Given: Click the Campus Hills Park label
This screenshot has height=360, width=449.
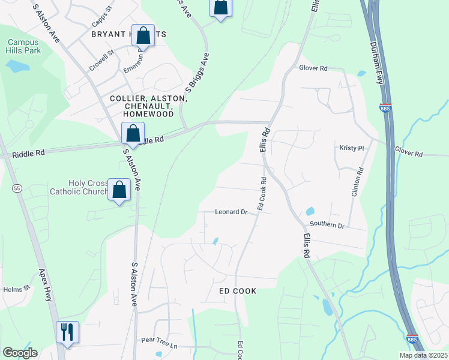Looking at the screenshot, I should click(x=23, y=47).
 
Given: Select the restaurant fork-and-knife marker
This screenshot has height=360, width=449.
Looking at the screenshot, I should click(x=67, y=331).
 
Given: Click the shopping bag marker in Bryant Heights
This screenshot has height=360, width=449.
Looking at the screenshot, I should click(x=143, y=35).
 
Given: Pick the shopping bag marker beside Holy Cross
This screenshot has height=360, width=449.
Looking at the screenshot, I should click(x=119, y=190).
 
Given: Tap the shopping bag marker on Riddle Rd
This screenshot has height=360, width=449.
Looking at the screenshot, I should click(x=133, y=133).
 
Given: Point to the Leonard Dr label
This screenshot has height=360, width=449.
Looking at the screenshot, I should click(x=232, y=212).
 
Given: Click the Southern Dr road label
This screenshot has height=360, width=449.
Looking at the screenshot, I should click(x=327, y=226).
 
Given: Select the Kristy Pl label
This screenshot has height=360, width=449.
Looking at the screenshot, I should click(x=352, y=147).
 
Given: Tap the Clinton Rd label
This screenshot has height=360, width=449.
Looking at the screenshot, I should click(x=360, y=184).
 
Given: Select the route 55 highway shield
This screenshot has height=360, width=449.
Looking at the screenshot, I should click(x=16, y=188).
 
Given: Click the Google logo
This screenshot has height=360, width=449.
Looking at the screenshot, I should click(x=20, y=353).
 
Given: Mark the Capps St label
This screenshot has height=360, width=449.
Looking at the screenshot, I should click(x=103, y=17).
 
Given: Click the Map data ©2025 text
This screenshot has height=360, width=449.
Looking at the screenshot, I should click(x=423, y=355).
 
